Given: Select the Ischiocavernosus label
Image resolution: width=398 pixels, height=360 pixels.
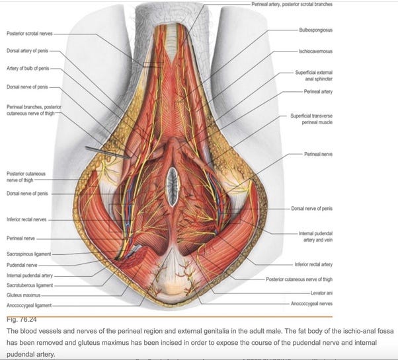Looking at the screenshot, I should [315, 50].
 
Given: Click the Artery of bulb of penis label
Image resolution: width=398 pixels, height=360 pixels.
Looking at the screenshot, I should [27, 69].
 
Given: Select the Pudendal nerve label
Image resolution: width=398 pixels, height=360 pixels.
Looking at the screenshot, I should [20, 264].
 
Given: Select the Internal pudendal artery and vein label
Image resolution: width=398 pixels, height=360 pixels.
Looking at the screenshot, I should [315, 236].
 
